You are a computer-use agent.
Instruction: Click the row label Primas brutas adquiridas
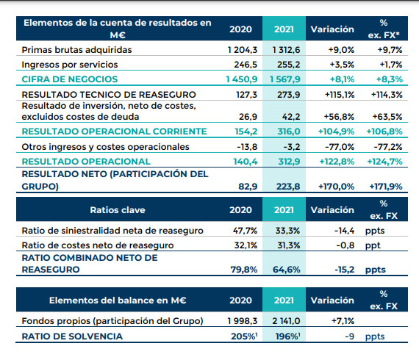(76, 50)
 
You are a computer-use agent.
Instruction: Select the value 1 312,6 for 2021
(286, 50)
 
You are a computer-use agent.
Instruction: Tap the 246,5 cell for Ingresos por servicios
(246, 65)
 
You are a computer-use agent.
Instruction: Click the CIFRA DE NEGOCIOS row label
(70, 79)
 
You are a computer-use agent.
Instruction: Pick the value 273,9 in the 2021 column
(289, 95)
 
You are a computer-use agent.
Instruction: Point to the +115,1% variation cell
(340, 95)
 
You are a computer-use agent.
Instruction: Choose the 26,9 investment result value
(248, 117)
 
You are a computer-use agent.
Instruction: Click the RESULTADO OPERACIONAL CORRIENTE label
(115, 132)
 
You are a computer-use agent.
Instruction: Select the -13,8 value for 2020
(247, 147)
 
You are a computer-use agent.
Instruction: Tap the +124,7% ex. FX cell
(384, 162)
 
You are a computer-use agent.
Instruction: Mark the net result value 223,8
(288, 187)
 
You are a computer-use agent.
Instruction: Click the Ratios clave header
(118, 210)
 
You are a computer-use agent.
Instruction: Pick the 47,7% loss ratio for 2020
(245, 231)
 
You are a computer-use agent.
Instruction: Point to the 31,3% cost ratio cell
(289, 245)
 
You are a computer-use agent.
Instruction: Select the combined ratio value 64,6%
(287, 270)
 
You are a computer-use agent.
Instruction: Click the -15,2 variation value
(345, 270)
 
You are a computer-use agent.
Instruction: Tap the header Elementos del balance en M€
(118, 300)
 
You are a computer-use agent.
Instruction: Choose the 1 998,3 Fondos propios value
(243, 321)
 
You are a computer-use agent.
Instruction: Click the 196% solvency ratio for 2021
(287, 336)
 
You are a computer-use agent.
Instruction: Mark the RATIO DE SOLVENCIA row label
(72, 336)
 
